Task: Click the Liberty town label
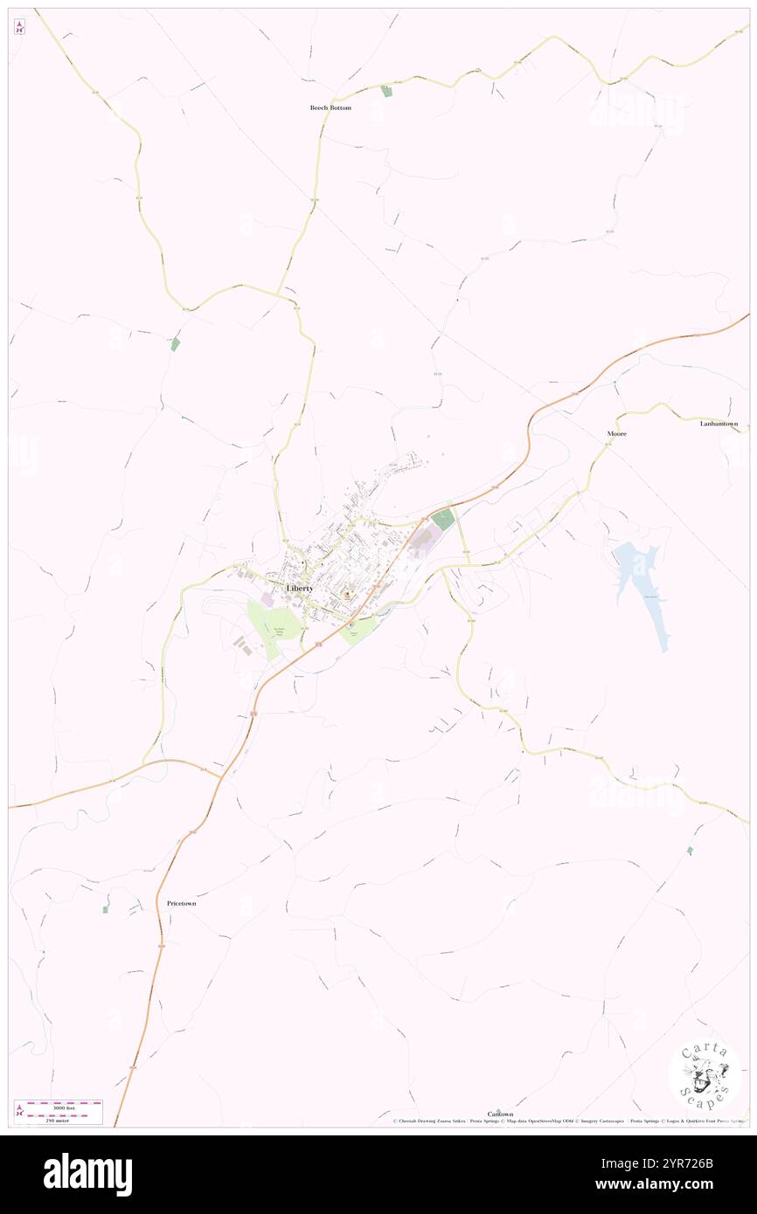click(300, 589)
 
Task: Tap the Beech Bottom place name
click(330, 107)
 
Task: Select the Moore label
click(617, 433)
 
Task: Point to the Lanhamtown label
click(719, 424)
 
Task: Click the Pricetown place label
click(181, 903)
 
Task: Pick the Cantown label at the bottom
click(500, 1114)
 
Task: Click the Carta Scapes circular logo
click(705, 1073)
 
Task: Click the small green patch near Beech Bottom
click(386, 90)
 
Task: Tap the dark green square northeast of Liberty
click(443, 519)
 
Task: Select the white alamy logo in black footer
click(87, 1174)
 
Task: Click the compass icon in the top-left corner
click(19, 27)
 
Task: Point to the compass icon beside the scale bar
click(19, 1110)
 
